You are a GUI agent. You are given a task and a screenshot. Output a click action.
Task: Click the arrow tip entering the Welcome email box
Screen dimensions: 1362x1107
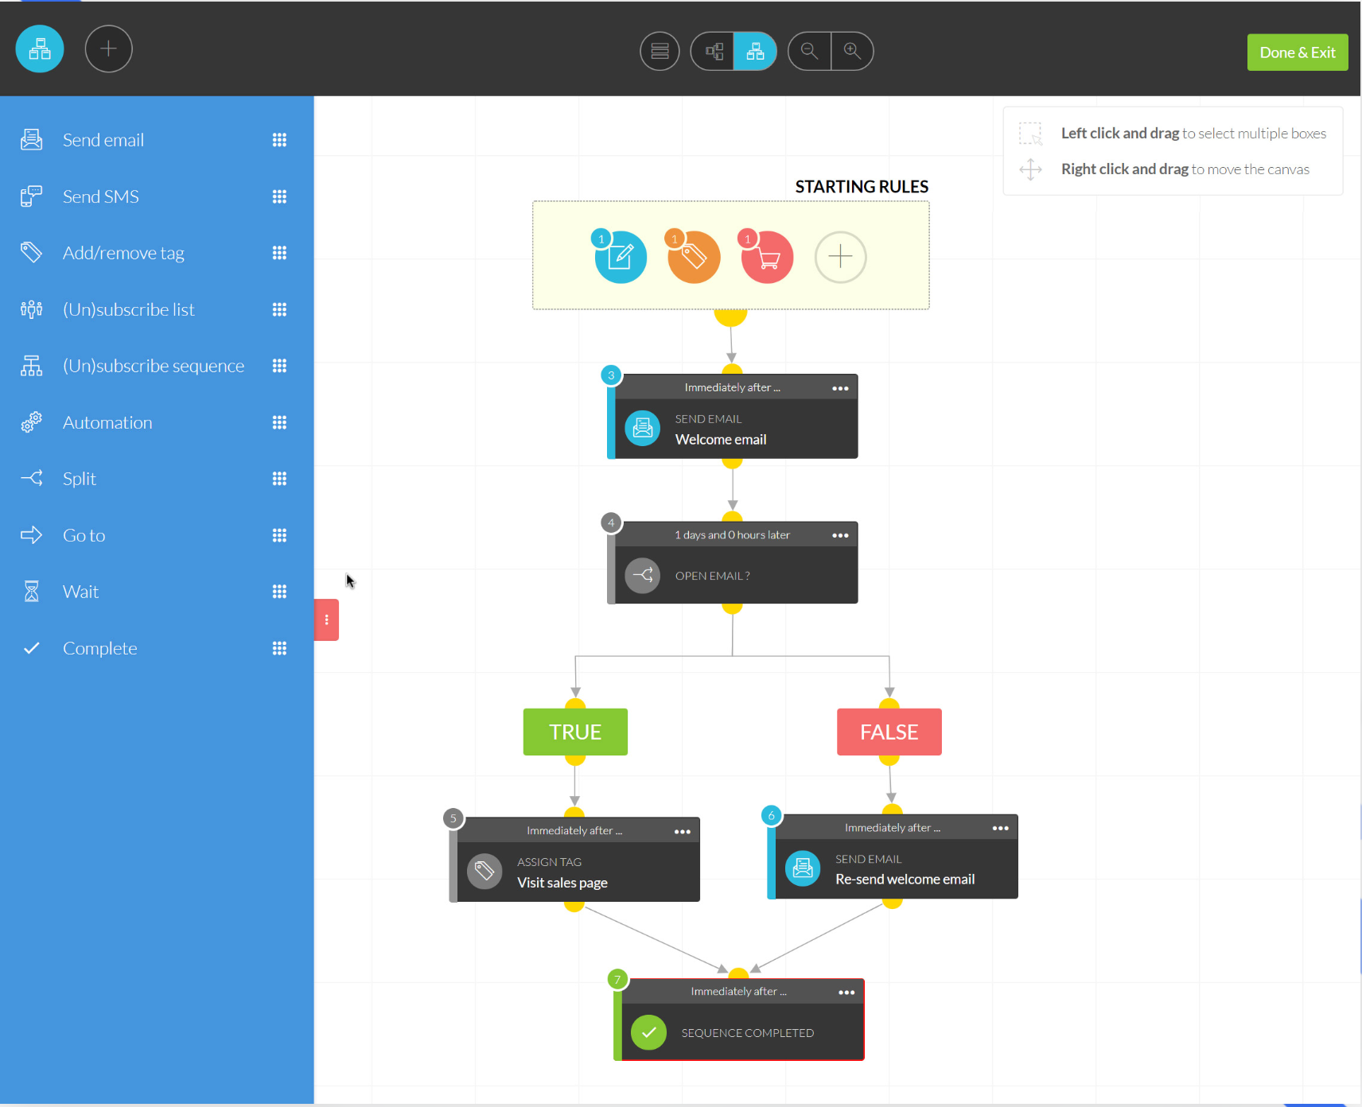click(x=732, y=363)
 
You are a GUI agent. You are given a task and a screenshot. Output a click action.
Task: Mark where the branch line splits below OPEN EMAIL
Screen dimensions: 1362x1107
click(x=733, y=656)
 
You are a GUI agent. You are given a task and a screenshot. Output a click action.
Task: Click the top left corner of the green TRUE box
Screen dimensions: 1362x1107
click(x=523, y=709)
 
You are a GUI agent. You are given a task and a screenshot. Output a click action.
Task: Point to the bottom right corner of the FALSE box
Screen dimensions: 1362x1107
click(x=942, y=755)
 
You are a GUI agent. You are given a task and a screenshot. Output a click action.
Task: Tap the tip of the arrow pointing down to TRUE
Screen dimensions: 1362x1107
click(x=575, y=697)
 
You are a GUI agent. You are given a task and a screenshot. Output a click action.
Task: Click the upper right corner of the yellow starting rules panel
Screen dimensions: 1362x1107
click(x=929, y=201)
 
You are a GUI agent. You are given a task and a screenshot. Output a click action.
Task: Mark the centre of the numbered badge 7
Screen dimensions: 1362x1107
click(x=617, y=979)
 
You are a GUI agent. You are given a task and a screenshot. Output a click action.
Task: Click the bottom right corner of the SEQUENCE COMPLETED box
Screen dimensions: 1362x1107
click(x=864, y=1060)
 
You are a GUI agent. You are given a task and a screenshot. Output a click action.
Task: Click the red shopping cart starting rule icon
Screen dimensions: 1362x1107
click(x=767, y=257)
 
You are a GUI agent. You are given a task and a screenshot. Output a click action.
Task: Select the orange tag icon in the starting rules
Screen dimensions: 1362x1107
click(x=694, y=257)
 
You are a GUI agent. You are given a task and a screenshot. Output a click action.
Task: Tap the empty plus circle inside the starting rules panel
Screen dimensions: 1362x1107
click(x=840, y=257)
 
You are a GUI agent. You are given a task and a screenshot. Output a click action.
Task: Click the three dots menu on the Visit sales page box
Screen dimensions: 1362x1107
click(x=683, y=832)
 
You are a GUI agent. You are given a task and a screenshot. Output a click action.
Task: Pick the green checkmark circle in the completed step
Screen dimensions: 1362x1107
click(x=649, y=1032)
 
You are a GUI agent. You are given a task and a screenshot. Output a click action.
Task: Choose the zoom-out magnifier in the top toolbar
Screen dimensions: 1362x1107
click(x=809, y=51)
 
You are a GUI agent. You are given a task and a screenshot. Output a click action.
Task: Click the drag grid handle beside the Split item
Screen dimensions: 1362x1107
click(x=279, y=479)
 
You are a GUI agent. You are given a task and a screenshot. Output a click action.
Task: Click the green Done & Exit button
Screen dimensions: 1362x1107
click(x=1298, y=52)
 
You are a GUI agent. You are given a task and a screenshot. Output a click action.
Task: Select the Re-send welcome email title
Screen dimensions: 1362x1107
click(x=905, y=879)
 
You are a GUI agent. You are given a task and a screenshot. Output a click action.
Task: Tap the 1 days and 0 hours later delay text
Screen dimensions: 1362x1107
click(x=732, y=535)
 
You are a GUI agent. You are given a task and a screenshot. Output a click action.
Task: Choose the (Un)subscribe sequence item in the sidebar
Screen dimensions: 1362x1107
click(x=154, y=366)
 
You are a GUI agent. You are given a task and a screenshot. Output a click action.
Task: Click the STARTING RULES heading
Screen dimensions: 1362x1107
click(x=862, y=187)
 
